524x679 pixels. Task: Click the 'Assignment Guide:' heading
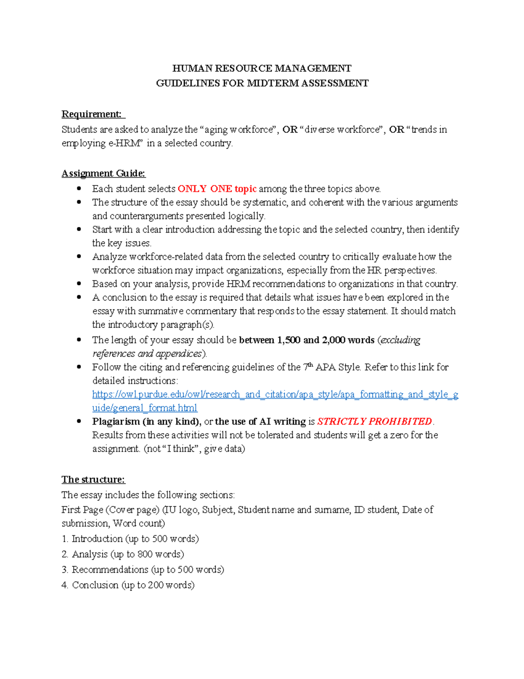tap(103, 173)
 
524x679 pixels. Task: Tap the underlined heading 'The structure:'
tap(93, 479)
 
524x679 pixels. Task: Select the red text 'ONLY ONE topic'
tap(217, 189)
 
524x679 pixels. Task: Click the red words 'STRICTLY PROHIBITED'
tap(374, 421)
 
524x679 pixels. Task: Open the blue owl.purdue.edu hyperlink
tap(275, 395)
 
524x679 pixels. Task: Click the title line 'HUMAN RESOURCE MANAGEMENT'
tap(262, 68)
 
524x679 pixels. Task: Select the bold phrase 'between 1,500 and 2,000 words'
tap(307, 340)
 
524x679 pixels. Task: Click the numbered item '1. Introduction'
tap(130, 539)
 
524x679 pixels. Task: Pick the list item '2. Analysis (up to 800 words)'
tap(123, 554)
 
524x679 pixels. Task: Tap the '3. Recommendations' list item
tap(143, 569)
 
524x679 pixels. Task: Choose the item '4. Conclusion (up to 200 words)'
tap(128, 585)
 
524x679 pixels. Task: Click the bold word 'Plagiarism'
tap(116, 421)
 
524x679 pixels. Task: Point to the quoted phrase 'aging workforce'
tap(239, 129)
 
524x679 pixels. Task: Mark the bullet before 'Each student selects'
tap(79, 189)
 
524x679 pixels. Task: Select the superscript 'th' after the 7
tap(310, 365)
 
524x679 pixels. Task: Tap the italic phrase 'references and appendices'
tap(147, 354)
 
